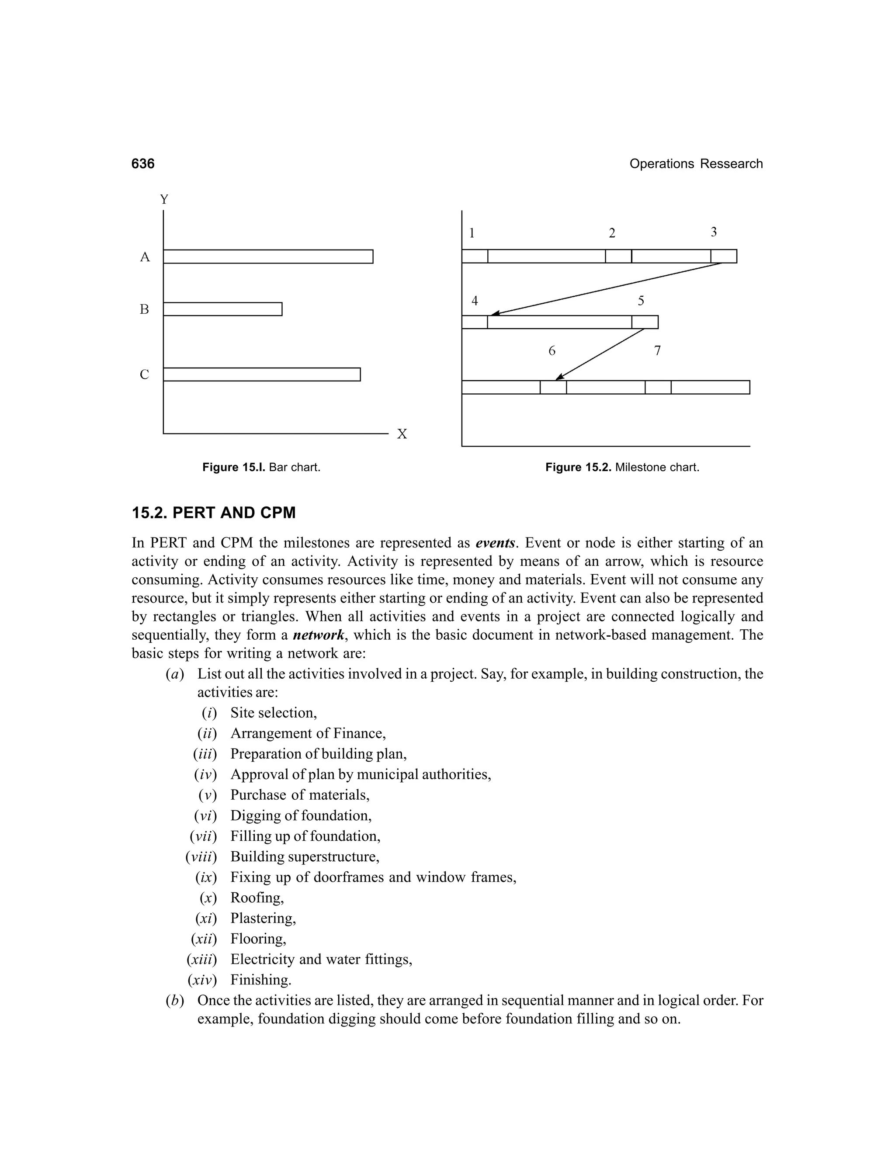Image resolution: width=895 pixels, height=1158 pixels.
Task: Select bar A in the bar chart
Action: tap(268, 257)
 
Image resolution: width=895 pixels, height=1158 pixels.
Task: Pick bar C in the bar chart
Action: tap(261, 374)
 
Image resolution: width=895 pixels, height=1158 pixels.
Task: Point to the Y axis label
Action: tap(164, 200)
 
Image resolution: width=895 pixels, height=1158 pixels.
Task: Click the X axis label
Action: tap(402, 435)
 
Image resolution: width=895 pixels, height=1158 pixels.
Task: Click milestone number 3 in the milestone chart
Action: tap(714, 232)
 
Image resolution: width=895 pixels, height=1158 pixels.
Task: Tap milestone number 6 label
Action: tap(552, 351)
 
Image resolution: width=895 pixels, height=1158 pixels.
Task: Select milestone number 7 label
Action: tap(657, 351)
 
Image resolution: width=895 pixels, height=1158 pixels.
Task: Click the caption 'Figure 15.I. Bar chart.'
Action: tap(261, 468)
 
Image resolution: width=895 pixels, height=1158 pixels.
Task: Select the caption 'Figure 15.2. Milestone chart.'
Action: tap(622, 468)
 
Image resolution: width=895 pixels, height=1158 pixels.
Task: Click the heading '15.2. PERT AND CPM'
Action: tap(214, 513)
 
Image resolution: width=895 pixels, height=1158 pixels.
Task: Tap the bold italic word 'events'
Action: tap(495, 543)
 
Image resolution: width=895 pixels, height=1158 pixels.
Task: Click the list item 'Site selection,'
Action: tap(274, 713)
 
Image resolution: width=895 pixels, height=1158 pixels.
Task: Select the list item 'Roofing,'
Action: tap(257, 898)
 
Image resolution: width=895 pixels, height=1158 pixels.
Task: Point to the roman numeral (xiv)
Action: tap(202, 980)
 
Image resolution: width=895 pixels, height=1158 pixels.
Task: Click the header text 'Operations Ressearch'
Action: tap(696, 164)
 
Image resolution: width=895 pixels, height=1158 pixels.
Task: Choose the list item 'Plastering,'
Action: tap(263, 919)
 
